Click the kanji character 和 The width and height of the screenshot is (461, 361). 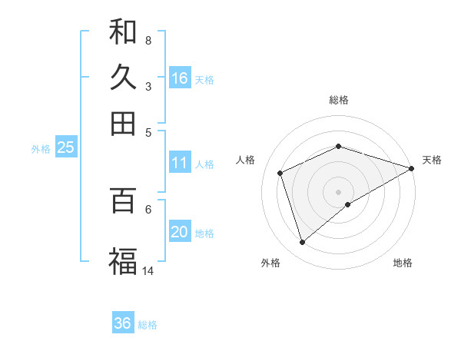click(123, 31)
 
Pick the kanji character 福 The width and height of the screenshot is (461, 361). click(123, 261)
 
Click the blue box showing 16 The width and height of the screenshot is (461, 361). click(180, 78)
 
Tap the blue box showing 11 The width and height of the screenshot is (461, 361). click(180, 163)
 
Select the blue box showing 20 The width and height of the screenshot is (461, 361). click(180, 232)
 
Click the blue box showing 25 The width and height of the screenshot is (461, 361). click(65, 147)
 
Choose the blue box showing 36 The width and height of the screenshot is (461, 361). click(123, 323)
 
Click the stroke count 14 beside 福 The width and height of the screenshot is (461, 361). click(148, 270)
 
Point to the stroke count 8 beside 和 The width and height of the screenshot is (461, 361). click(148, 40)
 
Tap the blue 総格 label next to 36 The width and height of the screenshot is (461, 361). click(148, 325)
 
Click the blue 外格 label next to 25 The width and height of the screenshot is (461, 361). click(41, 149)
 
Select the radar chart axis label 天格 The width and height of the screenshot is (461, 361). click(432, 160)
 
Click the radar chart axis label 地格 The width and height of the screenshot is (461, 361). click(403, 263)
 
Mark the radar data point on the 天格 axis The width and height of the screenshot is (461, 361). click(412, 168)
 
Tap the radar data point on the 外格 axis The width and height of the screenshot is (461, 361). click(303, 243)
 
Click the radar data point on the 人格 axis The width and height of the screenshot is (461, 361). click(280, 173)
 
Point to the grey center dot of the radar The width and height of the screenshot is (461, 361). click(339, 192)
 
